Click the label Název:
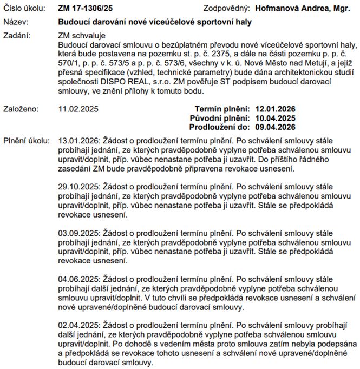(x=16, y=22)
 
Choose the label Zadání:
(x=17, y=36)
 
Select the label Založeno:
(x=21, y=108)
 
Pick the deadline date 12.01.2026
(x=275, y=108)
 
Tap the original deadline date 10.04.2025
(x=275, y=117)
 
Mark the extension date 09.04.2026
(x=275, y=127)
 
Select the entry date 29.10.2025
(x=78, y=186)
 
